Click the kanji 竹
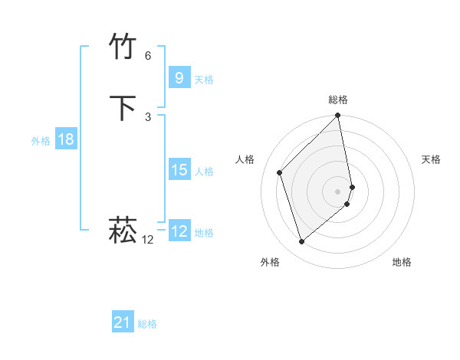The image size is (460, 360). [124, 47]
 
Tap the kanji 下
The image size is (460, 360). [124, 108]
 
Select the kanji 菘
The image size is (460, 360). [124, 230]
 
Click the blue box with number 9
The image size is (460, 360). [179, 78]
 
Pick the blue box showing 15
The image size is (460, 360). [179, 170]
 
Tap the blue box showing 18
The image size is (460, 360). [65, 139]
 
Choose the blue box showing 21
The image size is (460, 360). [122, 323]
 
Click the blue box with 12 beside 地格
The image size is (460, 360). [179, 231]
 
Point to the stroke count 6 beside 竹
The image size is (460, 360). [148, 56]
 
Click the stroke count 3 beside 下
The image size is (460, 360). [148, 116]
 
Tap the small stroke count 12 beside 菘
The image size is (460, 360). [148, 240]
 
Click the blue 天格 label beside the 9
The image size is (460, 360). [204, 80]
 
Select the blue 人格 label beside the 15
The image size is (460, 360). [204, 172]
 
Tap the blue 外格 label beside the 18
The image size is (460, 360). [41, 141]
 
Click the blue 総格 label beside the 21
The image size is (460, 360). [147, 325]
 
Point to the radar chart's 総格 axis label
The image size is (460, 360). [338, 100]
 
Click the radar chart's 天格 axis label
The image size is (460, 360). [431, 159]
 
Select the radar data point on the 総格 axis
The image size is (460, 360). [338, 116]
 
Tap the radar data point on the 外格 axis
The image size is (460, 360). [302, 242]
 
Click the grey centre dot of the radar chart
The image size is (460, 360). [338, 191]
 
